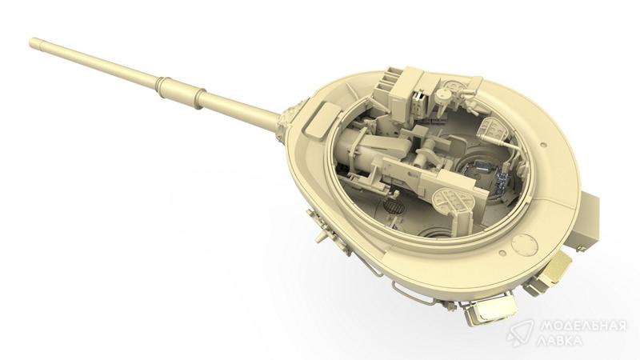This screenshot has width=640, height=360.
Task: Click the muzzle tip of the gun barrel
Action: point(32,42)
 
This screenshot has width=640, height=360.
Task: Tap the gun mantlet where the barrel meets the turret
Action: point(286,122)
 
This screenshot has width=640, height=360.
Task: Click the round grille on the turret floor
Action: point(394,207)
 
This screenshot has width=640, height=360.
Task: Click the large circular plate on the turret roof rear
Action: point(526,246)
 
